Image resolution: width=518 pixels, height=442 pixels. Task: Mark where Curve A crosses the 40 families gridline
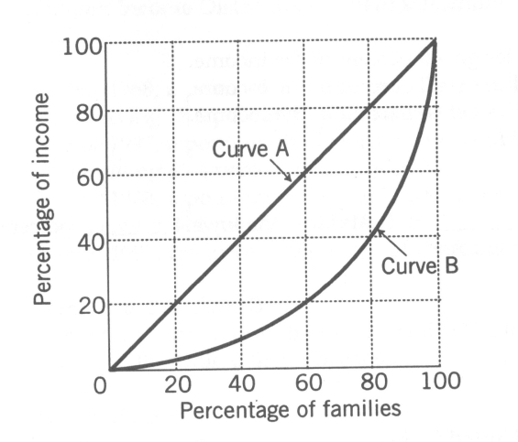[x=239, y=240]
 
